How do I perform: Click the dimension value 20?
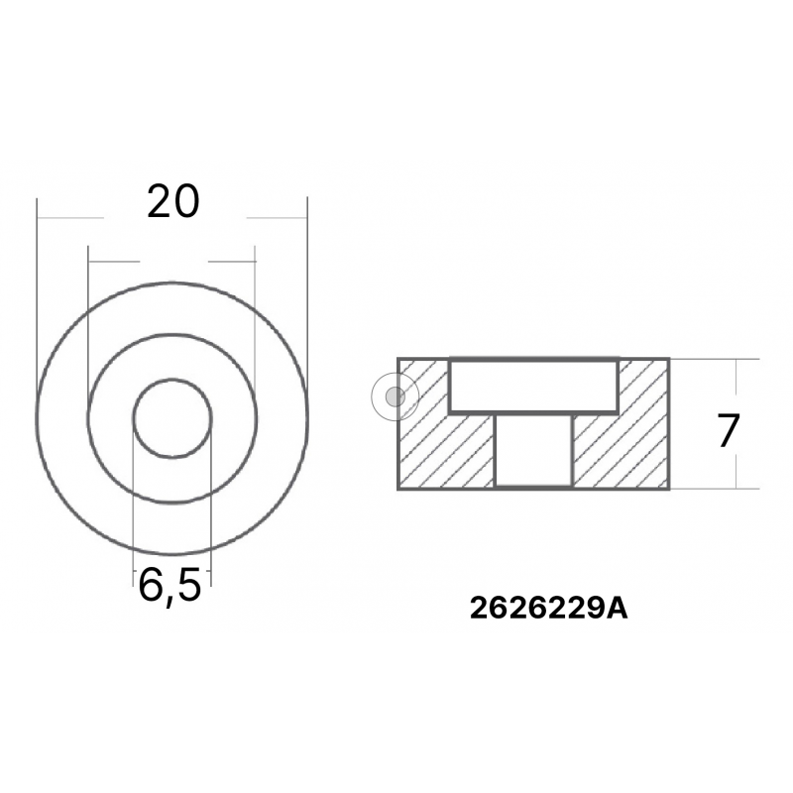[x=173, y=201]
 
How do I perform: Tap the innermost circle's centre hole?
[x=172, y=418]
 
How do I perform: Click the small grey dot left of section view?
[x=394, y=397]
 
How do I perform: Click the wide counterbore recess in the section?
[x=534, y=387]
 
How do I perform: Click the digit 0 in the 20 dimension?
[x=187, y=201]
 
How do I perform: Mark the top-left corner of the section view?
[x=398, y=359]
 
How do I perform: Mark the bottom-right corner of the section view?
[x=669, y=488]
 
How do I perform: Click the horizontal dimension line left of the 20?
[x=69, y=217]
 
